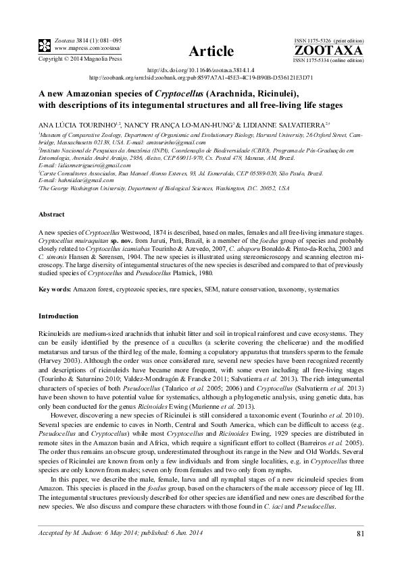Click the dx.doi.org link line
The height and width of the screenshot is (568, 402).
coord(201,70)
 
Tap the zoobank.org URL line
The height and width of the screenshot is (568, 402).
coord(201,77)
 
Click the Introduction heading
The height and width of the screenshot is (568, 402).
coord(59,316)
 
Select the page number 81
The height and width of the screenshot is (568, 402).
coord(360,535)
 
